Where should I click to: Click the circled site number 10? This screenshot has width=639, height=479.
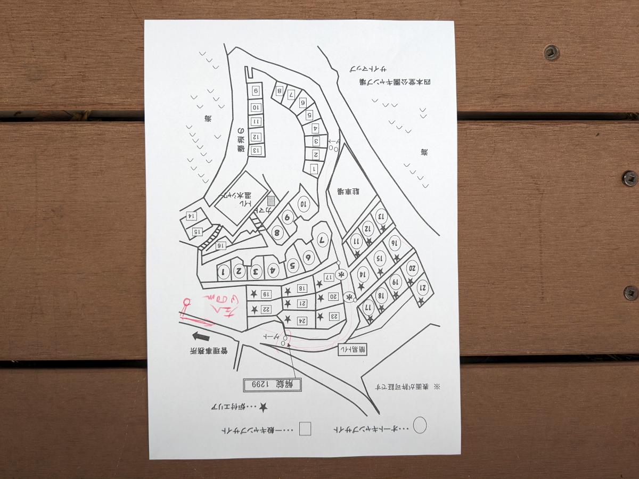tap(304, 204)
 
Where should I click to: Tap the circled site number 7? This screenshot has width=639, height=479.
tap(322, 241)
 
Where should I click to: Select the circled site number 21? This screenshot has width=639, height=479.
tap(423, 288)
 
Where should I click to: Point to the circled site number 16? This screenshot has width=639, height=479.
tap(395, 243)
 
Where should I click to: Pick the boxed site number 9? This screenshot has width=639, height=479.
tap(256, 90)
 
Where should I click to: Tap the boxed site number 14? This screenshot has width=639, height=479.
tap(189, 216)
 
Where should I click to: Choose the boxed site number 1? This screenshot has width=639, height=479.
tap(314, 169)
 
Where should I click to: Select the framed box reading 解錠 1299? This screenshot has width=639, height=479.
tap(272, 384)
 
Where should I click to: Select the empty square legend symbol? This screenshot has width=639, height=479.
tap(305, 429)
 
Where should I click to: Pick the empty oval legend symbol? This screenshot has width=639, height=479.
tap(420, 425)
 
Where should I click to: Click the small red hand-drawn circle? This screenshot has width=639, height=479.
tap(186, 302)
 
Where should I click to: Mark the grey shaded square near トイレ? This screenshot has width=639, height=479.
tap(271, 201)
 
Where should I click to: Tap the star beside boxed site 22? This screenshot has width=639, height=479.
tap(255, 309)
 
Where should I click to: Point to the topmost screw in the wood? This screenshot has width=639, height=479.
tap(551, 52)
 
